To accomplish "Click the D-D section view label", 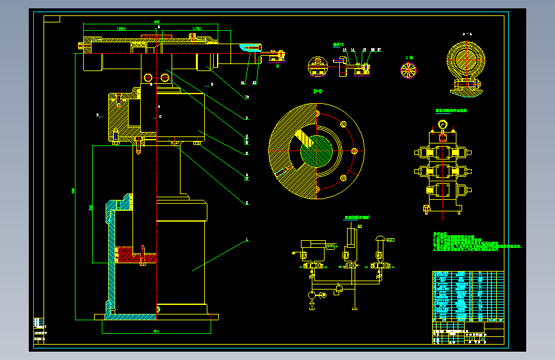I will pos(318,92).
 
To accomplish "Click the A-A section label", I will pos(467,33).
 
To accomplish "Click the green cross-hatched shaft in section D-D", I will pos(318,152).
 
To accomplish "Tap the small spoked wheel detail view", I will pos(408,70).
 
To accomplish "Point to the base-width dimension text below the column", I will pos(156,331).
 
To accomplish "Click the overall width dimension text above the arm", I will pos(156,22).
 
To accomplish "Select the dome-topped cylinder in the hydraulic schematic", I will pos(380,242).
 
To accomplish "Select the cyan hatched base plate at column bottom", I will pos(131,316).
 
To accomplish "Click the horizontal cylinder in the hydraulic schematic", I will pos(314,245).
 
